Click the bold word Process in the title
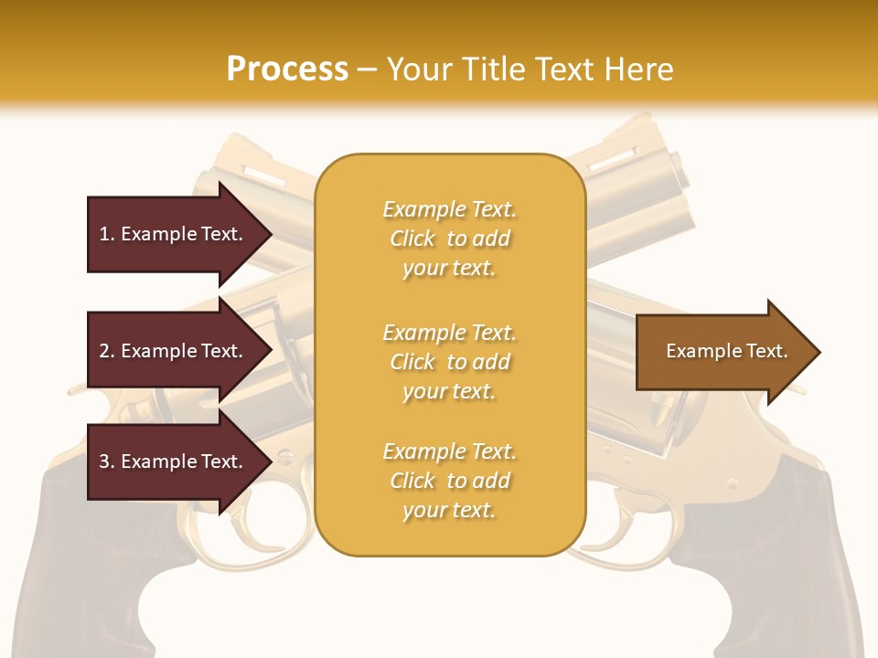(x=287, y=69)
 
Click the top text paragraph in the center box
(x=449, y=239)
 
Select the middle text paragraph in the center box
(x=449, y=362)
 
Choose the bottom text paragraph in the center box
(x=449, y=481)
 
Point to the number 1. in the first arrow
(x=107, y=234)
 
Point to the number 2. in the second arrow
(x=107, y=351)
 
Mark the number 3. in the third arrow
(x=107, y=462)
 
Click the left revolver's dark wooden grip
(x=82, y=567)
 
